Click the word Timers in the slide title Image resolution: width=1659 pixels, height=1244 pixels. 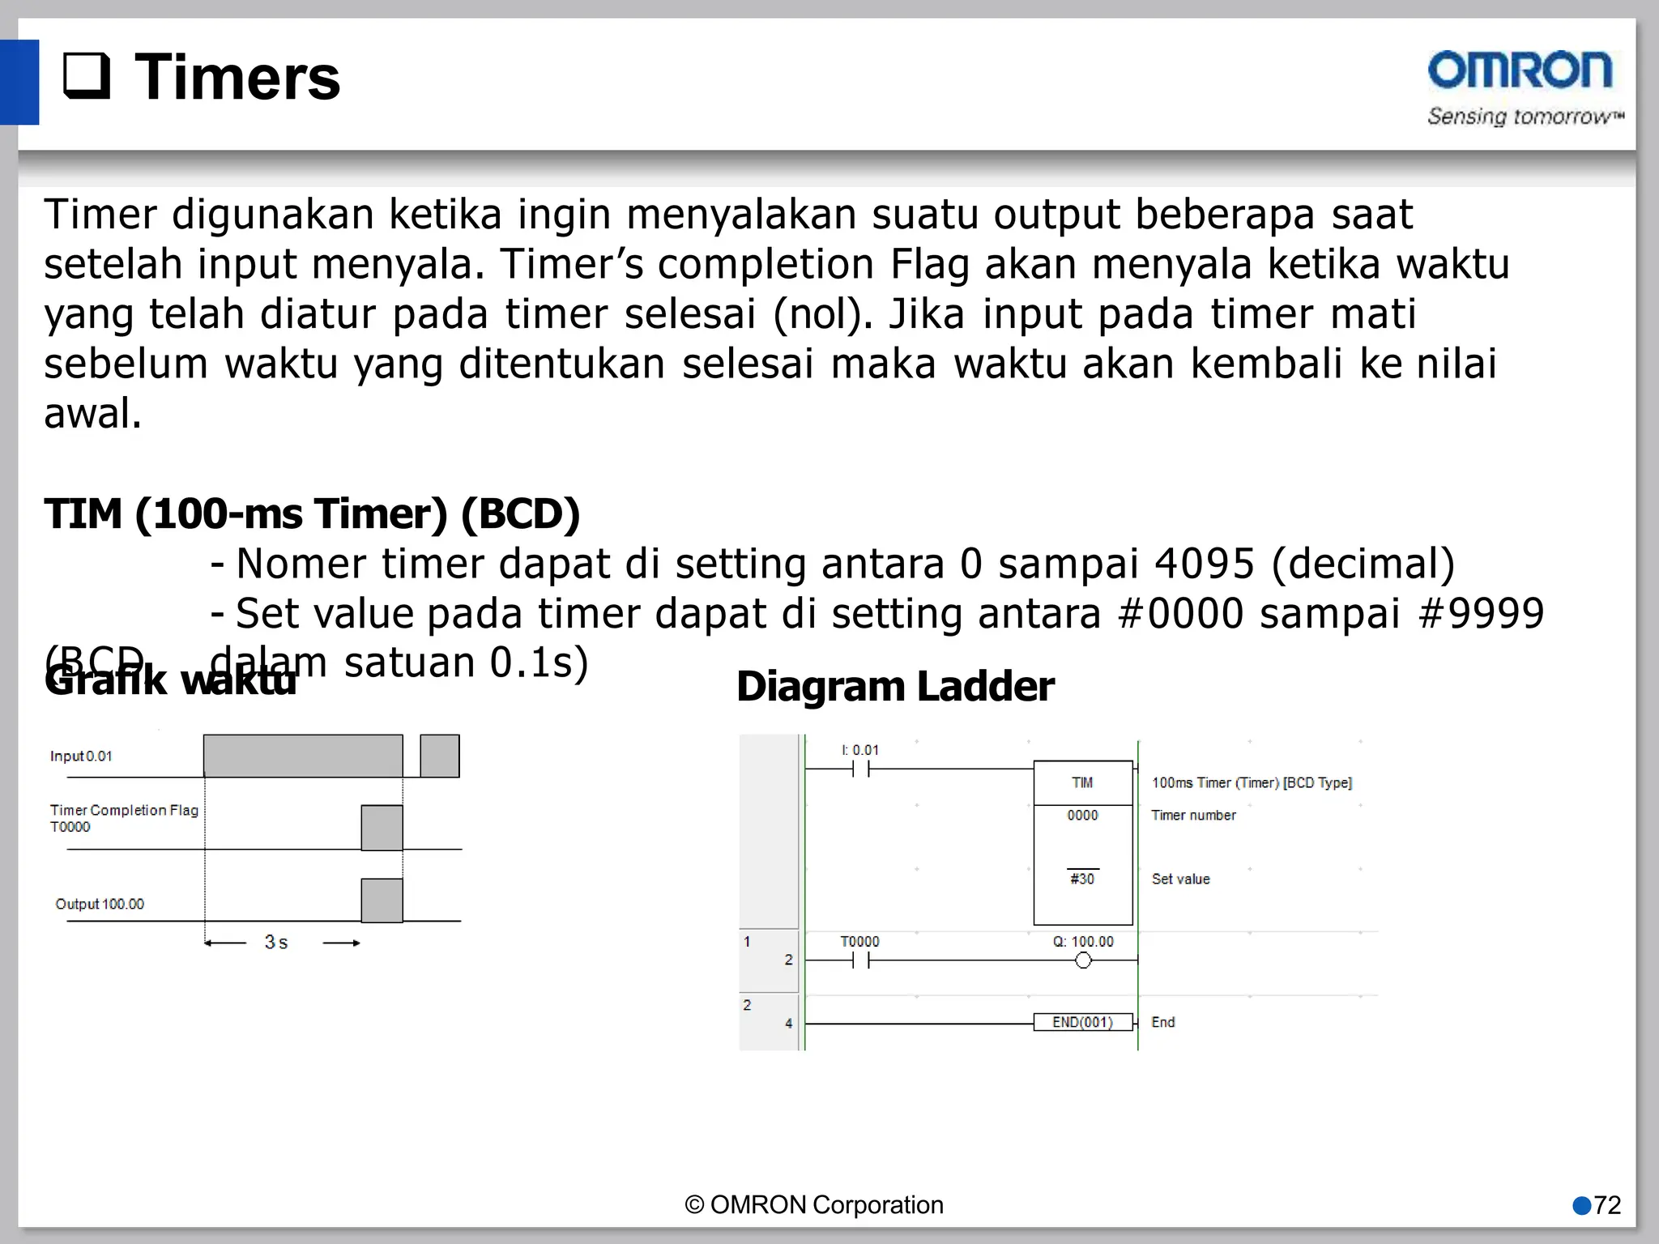pos(237,78)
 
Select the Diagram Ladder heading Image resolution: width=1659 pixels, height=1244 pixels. pos(894,687)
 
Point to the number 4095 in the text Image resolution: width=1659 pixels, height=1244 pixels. pos(1204,564)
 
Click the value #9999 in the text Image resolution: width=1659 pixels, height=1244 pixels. pos(1482,613)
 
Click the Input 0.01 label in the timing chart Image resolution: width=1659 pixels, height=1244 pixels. pos(81,756)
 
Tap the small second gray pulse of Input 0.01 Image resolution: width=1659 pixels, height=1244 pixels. pos(440,756)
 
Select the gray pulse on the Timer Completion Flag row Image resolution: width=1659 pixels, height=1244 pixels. pos(382,828)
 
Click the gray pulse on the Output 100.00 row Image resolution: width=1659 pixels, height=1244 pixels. pos(382,901)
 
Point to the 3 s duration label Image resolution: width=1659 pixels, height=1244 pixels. pos(275,942)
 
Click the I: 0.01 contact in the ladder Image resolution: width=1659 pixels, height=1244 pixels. pos(860,769)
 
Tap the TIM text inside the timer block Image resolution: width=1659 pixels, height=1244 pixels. pos(1082,782)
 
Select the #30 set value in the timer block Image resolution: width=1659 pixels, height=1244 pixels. pos(1082,879)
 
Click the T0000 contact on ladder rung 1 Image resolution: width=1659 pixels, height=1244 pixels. pos(860,961)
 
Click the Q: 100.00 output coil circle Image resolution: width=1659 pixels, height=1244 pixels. pos(1083,961)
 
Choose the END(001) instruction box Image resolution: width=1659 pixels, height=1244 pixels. pos(1082,1022)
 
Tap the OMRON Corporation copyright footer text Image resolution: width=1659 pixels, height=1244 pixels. pos(814,1205)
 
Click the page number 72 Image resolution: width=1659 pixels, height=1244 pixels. pos(1606,1205)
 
